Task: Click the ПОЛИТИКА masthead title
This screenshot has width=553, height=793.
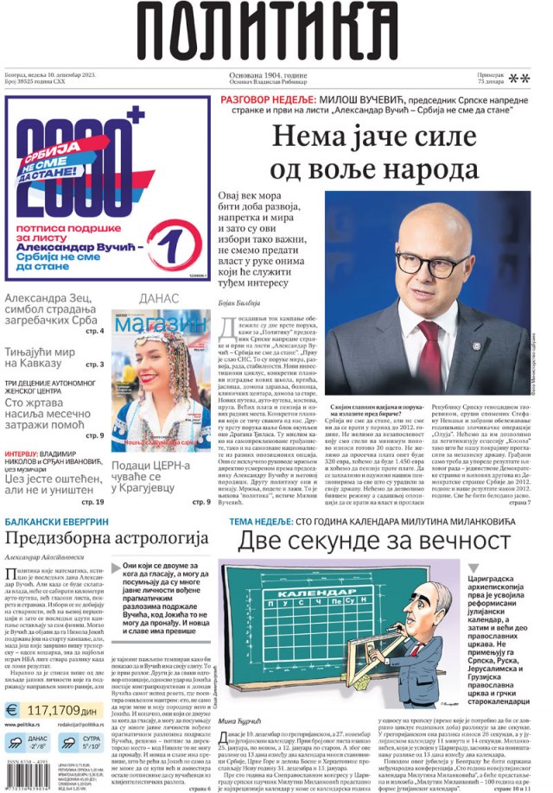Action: tap(276, 33)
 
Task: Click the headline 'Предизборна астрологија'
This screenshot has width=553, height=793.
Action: tap(107, 538)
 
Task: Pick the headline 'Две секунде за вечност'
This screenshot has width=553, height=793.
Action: tap(374, 540)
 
